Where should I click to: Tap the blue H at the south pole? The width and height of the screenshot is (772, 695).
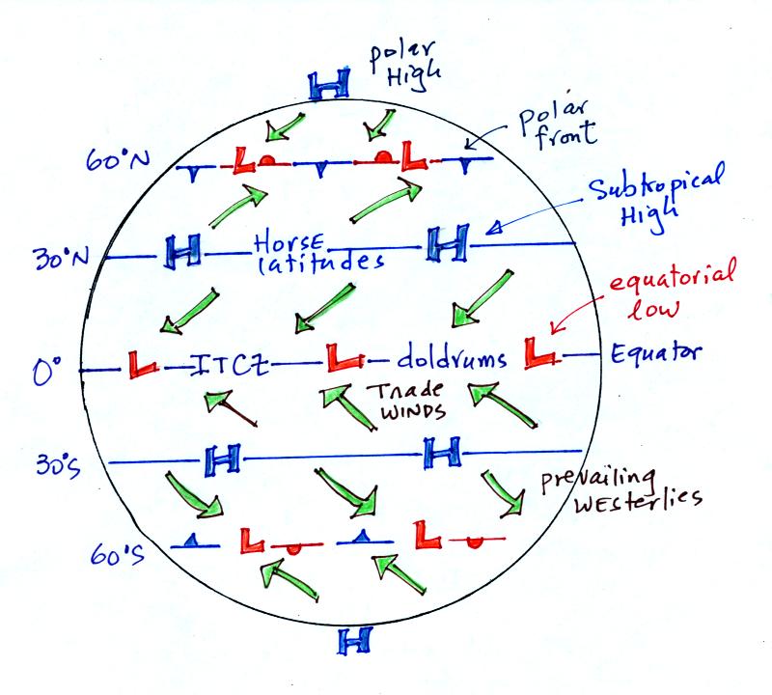coord(354,640)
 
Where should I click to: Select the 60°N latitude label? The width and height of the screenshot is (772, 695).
coord(117,159)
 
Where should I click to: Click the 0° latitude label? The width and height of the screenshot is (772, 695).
coord(46,370)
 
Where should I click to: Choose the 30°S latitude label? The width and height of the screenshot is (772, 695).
coord(58,464)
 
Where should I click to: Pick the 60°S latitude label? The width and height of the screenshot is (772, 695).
coord(117,555)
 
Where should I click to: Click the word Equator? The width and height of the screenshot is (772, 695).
coord(656,352)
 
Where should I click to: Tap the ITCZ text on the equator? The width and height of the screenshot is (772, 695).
coord(230,365)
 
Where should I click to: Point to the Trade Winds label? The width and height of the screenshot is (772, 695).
coord(405,400)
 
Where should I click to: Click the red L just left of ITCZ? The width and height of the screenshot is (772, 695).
coord(142,365)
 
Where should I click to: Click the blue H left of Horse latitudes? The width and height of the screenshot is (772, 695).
coord(182,251)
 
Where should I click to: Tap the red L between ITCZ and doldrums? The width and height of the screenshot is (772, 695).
coord(344,356)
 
